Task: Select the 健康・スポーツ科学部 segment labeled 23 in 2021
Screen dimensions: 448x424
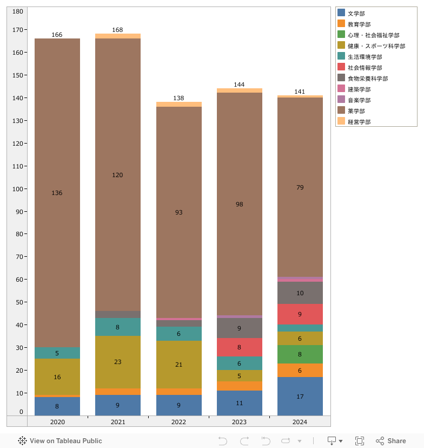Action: point(117,362)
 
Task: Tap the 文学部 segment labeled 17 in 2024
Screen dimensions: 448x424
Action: point(300,397)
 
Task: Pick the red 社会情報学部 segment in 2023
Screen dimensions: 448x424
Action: point(239,347)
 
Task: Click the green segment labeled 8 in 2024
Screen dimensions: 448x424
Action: point(300,354)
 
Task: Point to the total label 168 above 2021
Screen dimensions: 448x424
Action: point(117,30)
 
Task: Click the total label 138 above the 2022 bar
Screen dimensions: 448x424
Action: point(178,98)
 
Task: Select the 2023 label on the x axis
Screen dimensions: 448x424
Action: point(239,421)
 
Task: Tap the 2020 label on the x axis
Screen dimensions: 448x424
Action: point(57,421)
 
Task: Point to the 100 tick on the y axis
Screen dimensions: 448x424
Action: point(18,189)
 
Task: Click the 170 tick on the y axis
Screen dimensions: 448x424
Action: point(18,30)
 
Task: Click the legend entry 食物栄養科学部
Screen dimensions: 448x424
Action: point(367,79)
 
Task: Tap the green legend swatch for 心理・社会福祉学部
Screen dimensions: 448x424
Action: point(341,35)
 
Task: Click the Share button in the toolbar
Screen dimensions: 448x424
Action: point(391,441)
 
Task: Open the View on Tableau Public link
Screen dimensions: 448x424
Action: point(60,441)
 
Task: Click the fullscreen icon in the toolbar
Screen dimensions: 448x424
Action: point(360,441)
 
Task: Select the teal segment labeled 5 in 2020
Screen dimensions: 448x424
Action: point(57,353)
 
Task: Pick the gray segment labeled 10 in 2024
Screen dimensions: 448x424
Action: point(300,293)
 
